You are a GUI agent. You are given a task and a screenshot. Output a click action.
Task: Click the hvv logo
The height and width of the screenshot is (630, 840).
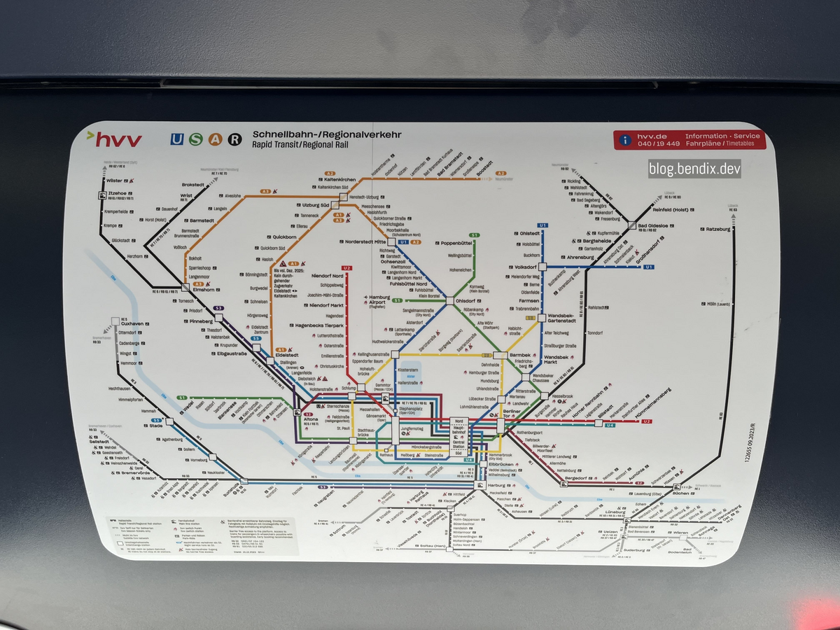click(114, 139)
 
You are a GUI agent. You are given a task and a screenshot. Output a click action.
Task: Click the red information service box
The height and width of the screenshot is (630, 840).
click(689, 139)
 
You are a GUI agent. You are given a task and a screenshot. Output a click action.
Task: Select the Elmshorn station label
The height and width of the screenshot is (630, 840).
click(203, 290)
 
